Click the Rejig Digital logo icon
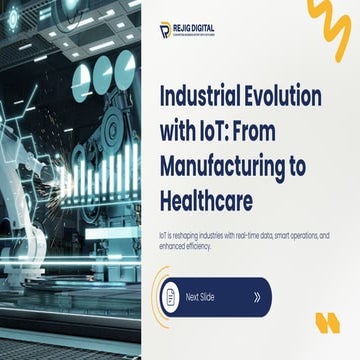point(165,30)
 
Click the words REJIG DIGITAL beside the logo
point(195,27)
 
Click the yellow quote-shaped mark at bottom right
point(328,323)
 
